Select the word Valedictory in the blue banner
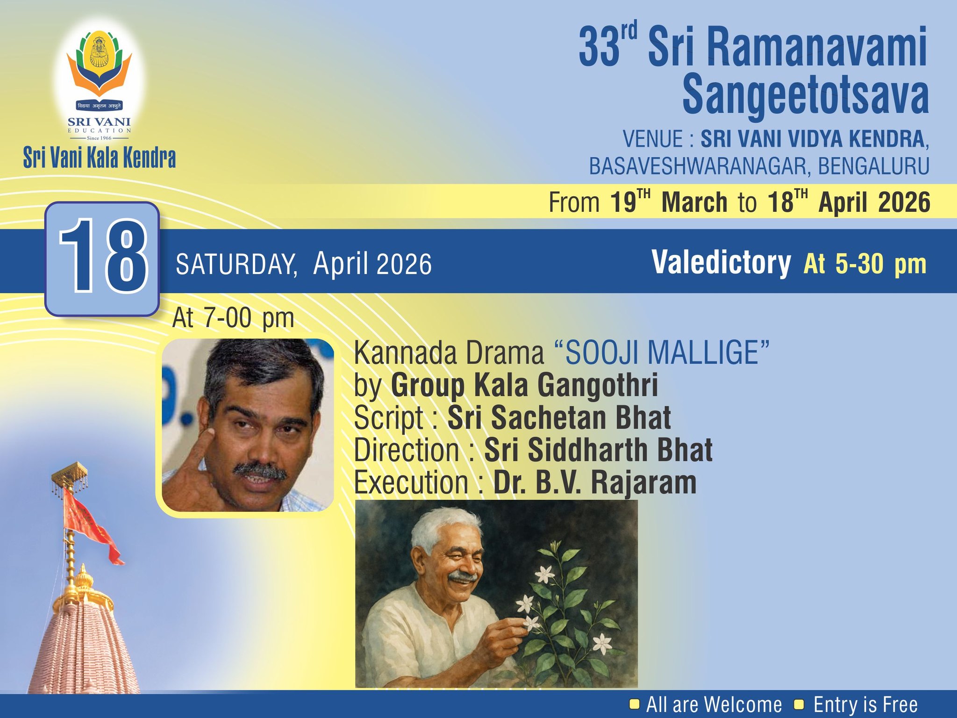pos(721,263)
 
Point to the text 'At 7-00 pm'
pos(233,319)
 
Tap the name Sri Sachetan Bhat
pos(559,417)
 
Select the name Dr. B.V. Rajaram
pos(594,482)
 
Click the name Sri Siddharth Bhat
pos(598,450)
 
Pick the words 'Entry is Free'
pos(865,704)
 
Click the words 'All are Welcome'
pos(714,704)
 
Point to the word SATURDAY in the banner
pos(236,264)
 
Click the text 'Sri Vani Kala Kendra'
pos(100,158)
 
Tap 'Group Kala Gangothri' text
pos(524,385)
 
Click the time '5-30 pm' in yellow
pos(880,264)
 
